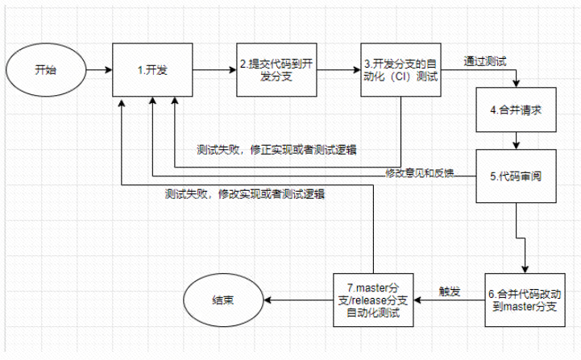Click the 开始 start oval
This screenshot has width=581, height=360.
coord(46,71)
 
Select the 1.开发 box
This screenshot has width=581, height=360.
coord(152,71)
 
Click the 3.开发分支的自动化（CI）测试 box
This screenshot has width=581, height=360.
coord(400,71)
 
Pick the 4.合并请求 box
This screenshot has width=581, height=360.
coord(515,109)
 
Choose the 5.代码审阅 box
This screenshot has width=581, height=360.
coord(515,175)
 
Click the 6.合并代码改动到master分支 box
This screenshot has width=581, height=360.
coord(525,295)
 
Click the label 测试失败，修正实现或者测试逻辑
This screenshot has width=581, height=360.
coord(277,151)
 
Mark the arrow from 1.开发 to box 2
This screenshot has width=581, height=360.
coord(214,71)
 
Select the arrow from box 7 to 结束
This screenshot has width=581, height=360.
coord(299,300)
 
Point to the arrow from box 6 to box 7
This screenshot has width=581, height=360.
coord(451,300)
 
